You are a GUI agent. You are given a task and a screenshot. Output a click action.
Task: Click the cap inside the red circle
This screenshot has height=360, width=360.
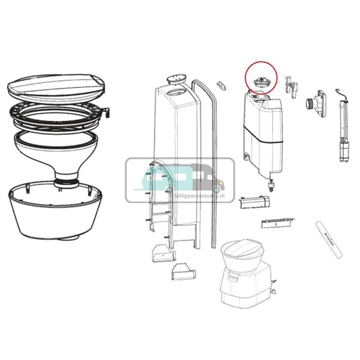[262, 83]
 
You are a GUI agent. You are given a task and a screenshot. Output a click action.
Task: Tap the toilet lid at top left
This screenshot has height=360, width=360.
[57, 88]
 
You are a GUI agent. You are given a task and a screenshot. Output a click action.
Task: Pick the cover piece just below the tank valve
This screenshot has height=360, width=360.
[255, 202]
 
